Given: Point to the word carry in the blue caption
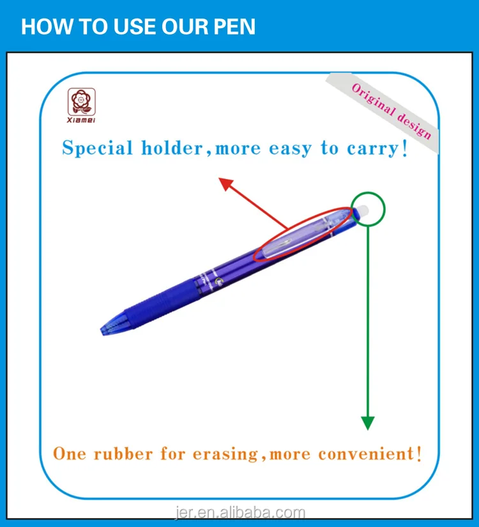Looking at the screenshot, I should click(371, 149).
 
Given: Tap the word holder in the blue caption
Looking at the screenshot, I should click(173, 149).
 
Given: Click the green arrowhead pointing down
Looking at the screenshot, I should click(367, 423).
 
